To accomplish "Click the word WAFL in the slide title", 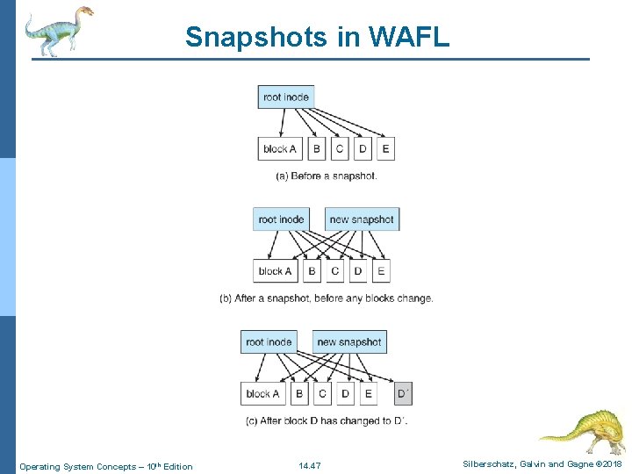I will click(410, 37).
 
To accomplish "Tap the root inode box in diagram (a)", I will click(285, 97).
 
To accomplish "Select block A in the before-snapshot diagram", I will click(280, 148).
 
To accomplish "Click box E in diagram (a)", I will click(385, 148).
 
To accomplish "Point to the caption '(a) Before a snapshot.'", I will click(327, 176).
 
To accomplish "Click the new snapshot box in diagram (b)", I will click(362, 219).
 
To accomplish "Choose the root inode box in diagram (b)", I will click(281, 219).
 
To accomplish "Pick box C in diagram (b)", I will click(334, 271).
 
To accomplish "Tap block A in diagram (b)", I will click(276, 271).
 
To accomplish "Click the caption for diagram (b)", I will click(327, 298).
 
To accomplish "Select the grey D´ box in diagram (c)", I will click(404, 393).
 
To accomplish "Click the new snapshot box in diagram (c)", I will click(349, 341).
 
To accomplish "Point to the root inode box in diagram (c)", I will click(269, 341).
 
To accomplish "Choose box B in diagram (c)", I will click(299, 393).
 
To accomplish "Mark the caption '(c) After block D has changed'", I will click(327, 420).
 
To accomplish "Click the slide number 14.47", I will click(309, 465).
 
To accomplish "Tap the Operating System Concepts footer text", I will click(106, 465).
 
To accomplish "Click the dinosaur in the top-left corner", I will click(58, 31).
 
